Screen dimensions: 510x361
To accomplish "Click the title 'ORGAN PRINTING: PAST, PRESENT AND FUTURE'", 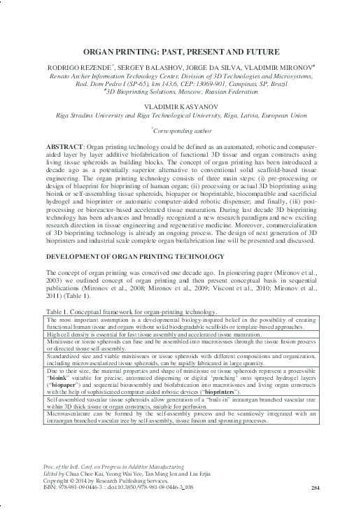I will pos(180,52).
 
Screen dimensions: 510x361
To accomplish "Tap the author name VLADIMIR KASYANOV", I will pos(180,99).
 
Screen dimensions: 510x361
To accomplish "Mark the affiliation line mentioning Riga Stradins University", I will pos(180,109).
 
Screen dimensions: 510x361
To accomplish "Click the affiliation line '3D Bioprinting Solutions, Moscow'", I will pos(180,90).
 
